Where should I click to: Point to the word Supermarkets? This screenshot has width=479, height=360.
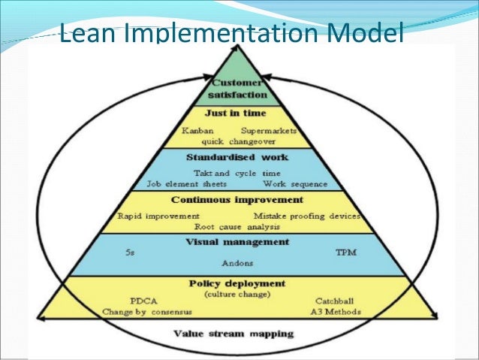[x=271, y=132]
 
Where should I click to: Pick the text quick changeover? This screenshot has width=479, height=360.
[x=238, y=141]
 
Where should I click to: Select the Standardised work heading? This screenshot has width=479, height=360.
[x=238, y=159]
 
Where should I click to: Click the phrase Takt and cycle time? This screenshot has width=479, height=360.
[x=238, y=173]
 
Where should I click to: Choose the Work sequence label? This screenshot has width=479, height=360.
[x=296, y=183]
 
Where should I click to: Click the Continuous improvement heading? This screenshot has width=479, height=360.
[x=237, y=201]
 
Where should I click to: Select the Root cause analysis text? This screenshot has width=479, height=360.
[x=237, y=226]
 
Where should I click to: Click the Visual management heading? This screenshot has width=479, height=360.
[x=237, y=242]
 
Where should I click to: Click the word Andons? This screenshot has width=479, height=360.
[x=237, y=265]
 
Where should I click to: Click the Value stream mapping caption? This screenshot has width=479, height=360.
[x=233, y=333]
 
